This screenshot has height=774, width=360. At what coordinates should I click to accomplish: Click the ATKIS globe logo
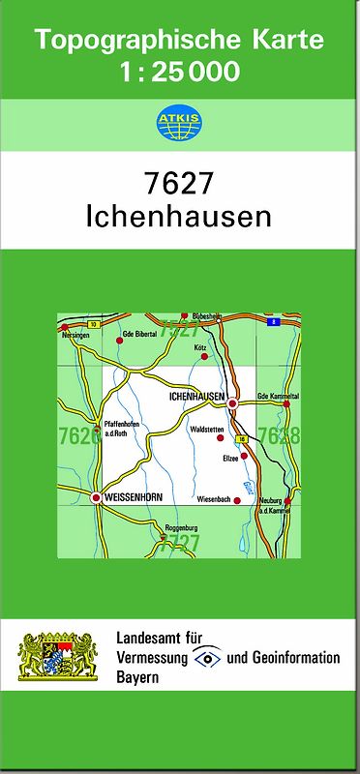click(x=179, y=124)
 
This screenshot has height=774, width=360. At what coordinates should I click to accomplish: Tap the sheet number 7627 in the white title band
click(x=179, y=184)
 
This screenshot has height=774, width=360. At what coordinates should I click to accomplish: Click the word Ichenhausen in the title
click(x=179, y=215)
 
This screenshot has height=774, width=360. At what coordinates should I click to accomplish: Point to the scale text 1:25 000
click(x=180, y=71)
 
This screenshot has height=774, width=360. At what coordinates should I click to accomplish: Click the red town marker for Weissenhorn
click(x=96, y=497)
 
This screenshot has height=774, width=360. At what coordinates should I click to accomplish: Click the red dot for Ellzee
click(x=244, y=455)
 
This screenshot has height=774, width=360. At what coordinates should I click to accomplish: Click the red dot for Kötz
click(x=204, y=356)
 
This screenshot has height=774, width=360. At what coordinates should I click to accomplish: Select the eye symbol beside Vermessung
click(x=206, y=658)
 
